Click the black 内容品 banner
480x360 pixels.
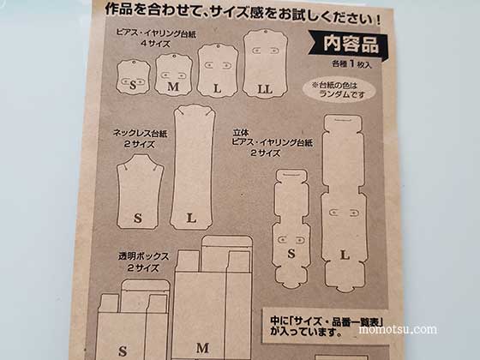348,45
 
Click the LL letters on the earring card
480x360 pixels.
265,89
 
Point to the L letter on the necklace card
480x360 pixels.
191,218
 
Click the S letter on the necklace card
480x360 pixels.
138,219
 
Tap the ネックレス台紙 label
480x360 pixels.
140,134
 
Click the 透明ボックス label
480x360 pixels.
144,256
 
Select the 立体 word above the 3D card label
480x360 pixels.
241,133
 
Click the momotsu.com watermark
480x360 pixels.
398,329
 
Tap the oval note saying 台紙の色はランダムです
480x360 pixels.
339,90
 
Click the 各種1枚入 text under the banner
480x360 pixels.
351,64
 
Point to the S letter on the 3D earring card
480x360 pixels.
291,254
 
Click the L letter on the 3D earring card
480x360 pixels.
345,255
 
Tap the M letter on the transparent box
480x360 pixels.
202,348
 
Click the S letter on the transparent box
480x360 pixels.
123,351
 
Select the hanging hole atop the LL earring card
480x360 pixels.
266,32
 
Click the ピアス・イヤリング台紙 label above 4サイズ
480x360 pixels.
156,33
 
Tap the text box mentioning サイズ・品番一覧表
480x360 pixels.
327,327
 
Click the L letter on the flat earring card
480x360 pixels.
218,89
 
